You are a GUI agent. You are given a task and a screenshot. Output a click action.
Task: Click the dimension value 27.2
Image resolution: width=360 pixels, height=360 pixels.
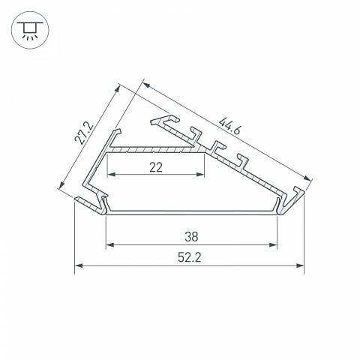pos(84,133)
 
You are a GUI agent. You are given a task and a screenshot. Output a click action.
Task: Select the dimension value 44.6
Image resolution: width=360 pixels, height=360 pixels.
pos(229,126)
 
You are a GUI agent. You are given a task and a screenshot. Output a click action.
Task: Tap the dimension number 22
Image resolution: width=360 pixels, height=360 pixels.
pos(156,167)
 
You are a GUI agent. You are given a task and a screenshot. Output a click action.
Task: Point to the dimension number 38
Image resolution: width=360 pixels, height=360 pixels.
pos(191,237)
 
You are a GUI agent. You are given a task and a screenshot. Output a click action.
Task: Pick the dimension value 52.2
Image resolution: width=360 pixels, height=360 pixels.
pos(190,257)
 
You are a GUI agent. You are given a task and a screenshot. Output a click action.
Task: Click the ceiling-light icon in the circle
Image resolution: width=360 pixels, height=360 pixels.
pos(30,30)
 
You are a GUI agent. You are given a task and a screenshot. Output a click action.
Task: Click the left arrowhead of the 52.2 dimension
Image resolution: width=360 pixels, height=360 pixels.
pos(79,265)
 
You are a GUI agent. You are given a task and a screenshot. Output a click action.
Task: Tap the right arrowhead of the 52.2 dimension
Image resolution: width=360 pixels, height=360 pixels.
pos(300,265)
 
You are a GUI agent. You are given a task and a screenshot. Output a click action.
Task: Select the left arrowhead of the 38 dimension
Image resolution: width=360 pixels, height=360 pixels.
pos(110,244)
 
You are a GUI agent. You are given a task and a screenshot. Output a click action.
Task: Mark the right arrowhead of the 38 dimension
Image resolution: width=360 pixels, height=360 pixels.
pos(273,244)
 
